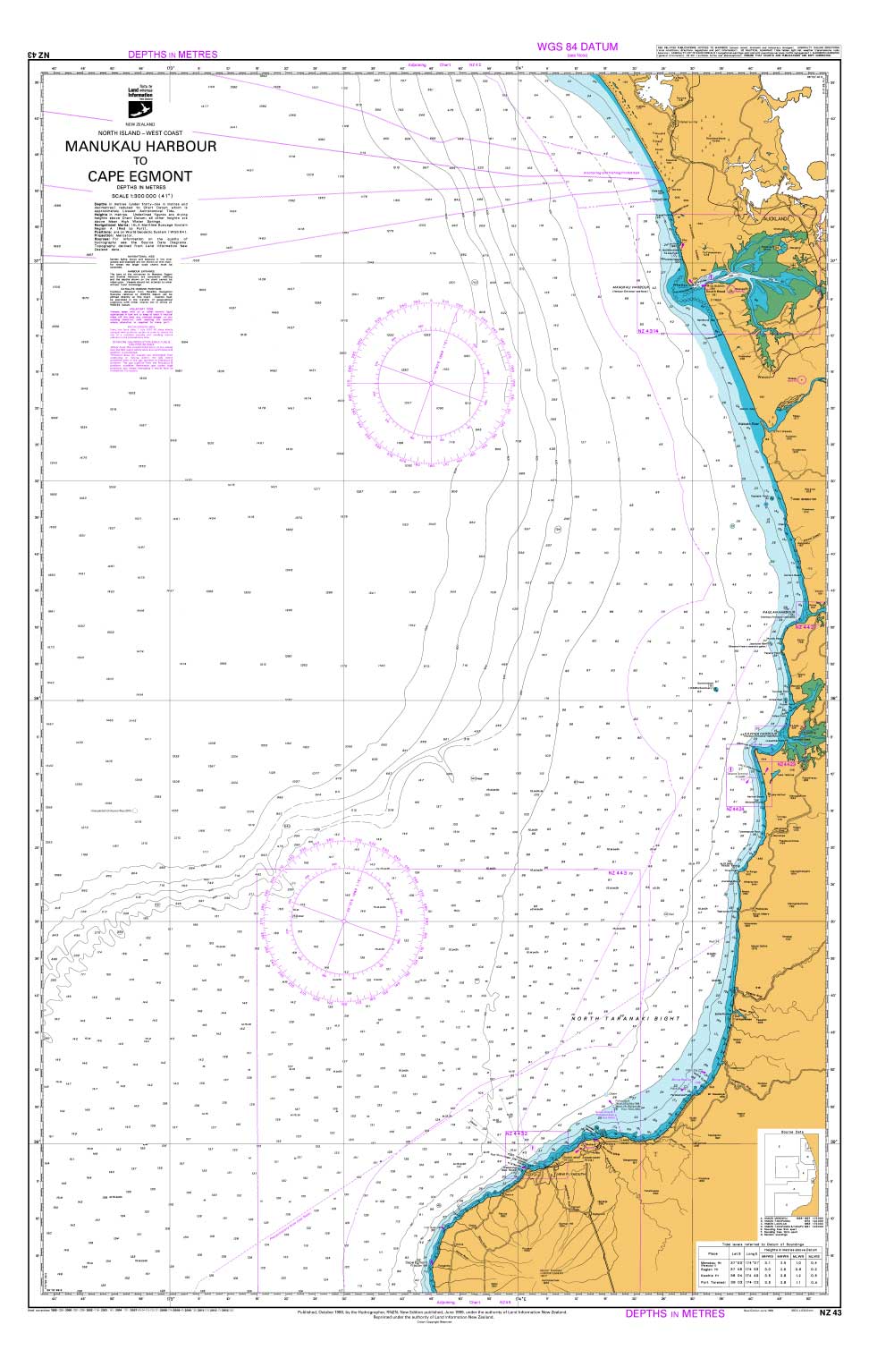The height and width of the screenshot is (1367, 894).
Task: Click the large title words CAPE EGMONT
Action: tap(139, 175)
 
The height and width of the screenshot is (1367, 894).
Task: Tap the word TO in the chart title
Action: tap(139, 161)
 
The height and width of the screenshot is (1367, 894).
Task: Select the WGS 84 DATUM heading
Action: tap(577, 47)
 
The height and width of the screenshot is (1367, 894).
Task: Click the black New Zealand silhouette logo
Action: tap(141, 107)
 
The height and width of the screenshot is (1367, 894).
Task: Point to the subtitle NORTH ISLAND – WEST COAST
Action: tap(140, 132)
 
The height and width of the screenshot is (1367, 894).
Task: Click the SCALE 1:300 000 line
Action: tap(140, 196)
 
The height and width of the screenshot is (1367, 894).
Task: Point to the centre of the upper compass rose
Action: tap(405, 385)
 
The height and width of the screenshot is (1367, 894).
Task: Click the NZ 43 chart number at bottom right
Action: tap(831, 1312)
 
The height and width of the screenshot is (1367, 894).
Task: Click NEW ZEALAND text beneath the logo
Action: tap(140, 123)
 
